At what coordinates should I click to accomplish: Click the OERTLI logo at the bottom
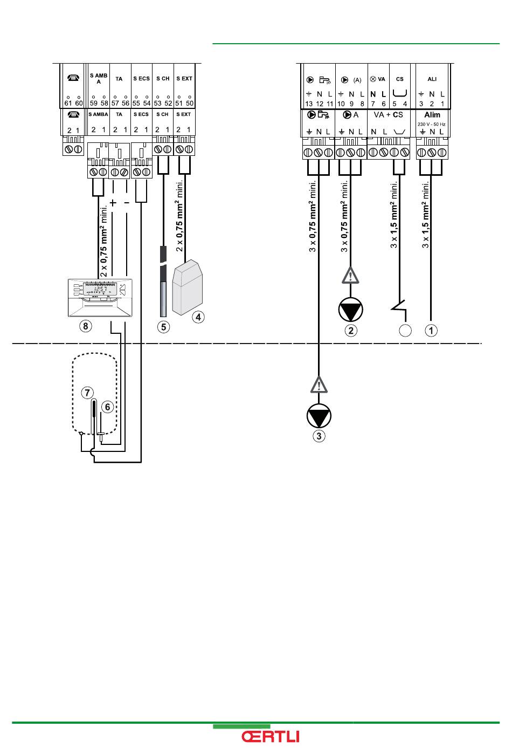tap(271, 737)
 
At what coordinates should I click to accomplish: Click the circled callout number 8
tap(85, 326)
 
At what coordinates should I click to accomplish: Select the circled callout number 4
tap(198, 317)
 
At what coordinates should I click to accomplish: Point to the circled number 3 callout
tap(319, 436)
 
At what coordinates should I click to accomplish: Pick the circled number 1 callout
tap(431, 330)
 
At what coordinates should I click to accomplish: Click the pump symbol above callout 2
tap(351, 310)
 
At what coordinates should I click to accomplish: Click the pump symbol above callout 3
tap(319, 416)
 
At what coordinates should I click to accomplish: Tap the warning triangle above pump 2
tap(351, 276)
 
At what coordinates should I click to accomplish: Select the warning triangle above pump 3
tap(319, 385)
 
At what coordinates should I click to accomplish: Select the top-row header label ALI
tap(432, 79)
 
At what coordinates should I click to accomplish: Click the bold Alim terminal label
tap(432, 115)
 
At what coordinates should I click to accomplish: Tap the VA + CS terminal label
tap(388, 115)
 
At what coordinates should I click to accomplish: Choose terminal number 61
tap(68, 103)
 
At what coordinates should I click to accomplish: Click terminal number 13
tap(309, 104)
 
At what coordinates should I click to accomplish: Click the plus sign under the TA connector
tap(113, 203)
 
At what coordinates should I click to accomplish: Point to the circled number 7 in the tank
tap(87, 393)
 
